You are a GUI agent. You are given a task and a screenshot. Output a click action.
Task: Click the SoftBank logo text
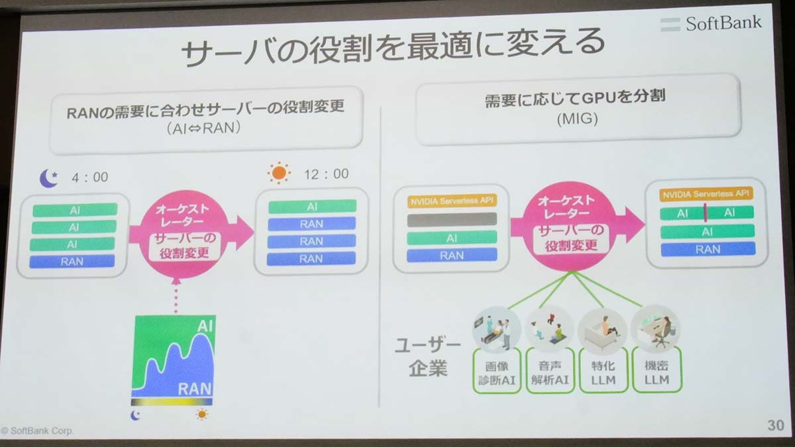(723, 23)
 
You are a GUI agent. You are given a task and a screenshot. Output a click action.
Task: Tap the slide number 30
(776, 425)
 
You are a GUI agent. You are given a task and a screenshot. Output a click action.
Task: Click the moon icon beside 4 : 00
(48, 178)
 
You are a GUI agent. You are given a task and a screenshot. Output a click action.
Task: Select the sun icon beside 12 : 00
(279, 173)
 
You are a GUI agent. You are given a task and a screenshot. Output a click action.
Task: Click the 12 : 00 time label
(326, 174)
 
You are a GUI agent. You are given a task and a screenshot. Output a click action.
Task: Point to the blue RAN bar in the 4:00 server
(72, 262)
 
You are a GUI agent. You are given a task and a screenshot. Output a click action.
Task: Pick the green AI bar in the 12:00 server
(312, 207)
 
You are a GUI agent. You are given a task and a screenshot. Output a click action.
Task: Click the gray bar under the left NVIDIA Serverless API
(452, 220)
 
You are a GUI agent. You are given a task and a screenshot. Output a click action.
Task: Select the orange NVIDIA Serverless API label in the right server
(706, 194)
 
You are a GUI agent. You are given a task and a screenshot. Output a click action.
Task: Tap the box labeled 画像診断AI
(497, 371)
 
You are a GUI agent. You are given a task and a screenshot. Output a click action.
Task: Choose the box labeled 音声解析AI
(550, 371)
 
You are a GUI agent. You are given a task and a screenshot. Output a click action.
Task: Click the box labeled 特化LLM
(604, 371)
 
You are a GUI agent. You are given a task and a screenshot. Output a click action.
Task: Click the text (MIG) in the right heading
(578, 119)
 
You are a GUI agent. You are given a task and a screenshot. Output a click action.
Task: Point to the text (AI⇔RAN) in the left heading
(203, 128)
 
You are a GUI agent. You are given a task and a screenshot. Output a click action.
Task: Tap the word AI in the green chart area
(205, 325)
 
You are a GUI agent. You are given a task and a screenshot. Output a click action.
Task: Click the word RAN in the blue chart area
(195, 389)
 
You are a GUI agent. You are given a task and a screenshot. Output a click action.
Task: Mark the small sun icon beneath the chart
(202, 414)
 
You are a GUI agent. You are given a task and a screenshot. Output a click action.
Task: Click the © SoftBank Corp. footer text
(37, 430)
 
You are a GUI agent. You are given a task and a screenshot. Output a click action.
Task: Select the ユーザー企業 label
(428, 356)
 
